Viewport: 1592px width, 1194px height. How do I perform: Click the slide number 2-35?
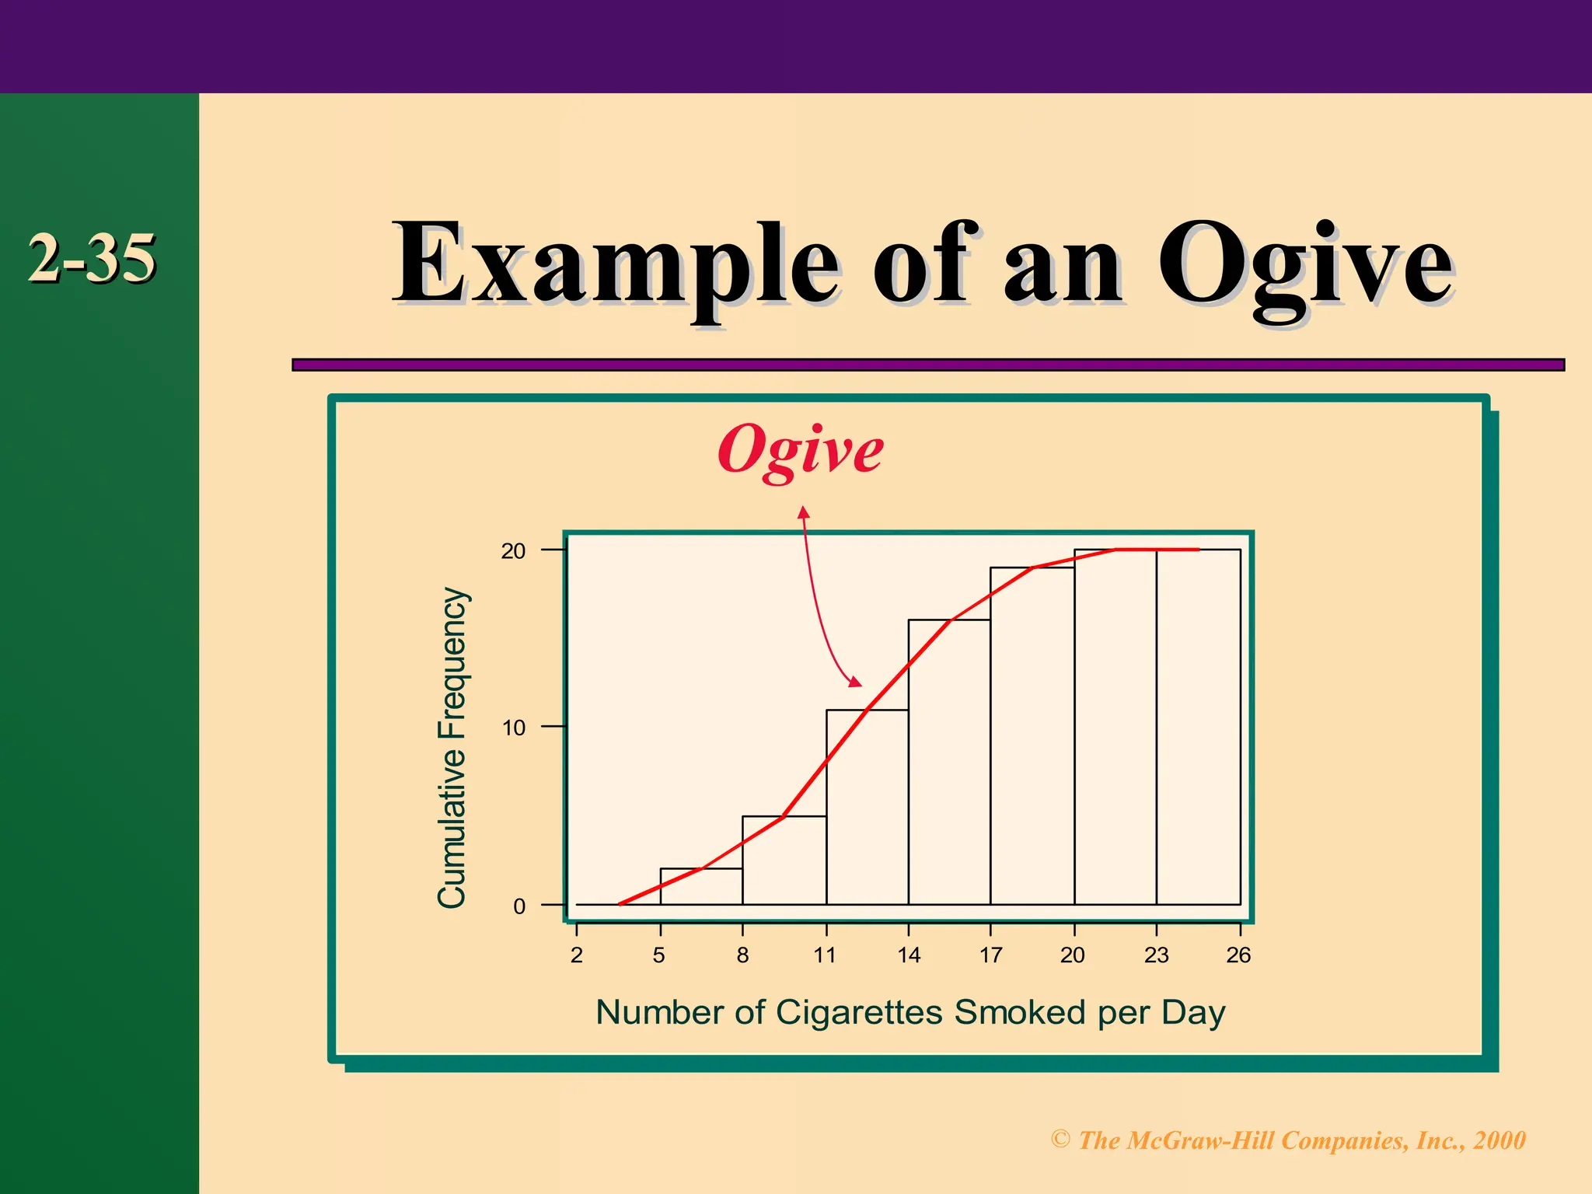92,258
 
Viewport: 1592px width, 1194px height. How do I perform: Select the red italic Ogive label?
801,449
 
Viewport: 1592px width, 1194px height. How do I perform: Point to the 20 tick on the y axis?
514,551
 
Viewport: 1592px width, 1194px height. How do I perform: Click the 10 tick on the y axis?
514,728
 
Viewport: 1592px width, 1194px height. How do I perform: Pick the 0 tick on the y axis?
519,906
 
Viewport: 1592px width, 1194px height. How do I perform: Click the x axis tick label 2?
577,955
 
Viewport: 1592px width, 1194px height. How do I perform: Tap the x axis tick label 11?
826,955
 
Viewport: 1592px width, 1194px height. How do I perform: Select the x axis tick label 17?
991,955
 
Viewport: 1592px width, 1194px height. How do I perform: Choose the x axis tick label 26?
1238,955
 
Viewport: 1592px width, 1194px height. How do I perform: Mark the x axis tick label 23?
1157,955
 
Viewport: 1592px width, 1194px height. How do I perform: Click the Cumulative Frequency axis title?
452,748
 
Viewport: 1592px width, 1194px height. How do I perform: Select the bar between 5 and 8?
701,887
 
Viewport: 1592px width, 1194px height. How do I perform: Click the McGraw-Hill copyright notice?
1288,1140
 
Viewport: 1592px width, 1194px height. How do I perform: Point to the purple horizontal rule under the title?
927,365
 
